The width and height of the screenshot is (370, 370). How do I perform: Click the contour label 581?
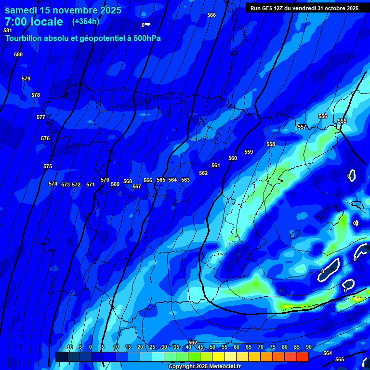coord(7,30)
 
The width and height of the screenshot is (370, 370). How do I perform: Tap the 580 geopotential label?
coord(18,54)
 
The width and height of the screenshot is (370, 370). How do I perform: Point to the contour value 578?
coord(36,95)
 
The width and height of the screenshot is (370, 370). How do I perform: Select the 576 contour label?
coord(45,138)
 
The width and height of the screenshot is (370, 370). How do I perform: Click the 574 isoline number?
coord(53,184)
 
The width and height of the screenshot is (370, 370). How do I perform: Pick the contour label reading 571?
coord(91,185)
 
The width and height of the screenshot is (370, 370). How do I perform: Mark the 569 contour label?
coord(115,184)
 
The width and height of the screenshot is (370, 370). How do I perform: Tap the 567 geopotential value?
coord(137,186)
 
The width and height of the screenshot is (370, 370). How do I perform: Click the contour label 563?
coord(185,180)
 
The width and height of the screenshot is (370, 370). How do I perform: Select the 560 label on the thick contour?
coord(233,158)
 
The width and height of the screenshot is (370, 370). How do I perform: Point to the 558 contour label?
coord(271,144)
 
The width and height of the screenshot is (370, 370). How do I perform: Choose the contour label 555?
coord(342,121)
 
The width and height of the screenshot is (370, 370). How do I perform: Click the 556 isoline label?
coord(323,116)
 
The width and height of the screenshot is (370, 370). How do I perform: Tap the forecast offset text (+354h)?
coord(85,21)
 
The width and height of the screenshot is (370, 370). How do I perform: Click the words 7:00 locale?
coord(34,22)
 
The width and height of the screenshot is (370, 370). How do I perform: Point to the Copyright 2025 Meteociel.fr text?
coord(204,367)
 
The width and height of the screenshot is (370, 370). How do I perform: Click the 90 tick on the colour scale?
coord(308,347)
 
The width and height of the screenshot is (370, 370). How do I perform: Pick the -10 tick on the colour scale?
coord(68,347)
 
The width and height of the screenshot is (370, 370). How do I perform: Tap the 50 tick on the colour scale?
coord(212,347)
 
